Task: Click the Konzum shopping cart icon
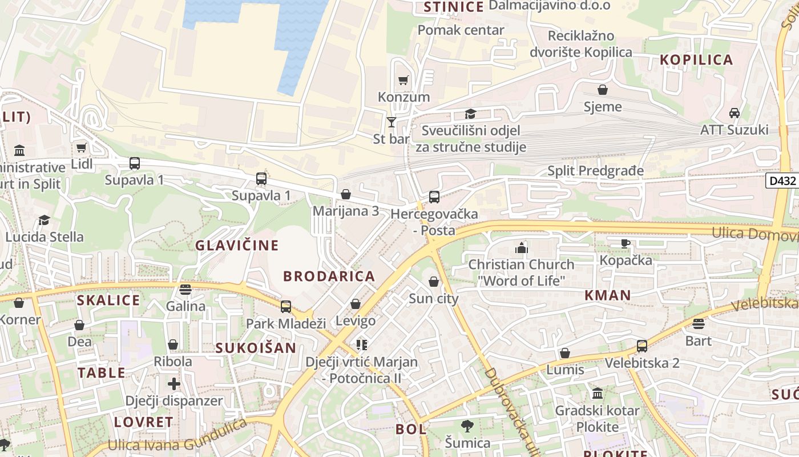[x=403, y=81]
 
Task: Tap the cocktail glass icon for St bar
[x=391, y=122]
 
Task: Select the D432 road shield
[x=781, y=181]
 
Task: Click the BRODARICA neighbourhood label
[x=329, y=276]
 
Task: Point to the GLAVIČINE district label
[x=237, y=246]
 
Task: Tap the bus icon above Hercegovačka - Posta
[x=434, y=197]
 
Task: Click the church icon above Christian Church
[x=521, y=248]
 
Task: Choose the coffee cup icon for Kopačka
[x=626, y=243]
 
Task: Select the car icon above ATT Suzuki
[x=735, y=113]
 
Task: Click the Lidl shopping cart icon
[x=82, y=148]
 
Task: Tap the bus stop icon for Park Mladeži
[x=286, y=307]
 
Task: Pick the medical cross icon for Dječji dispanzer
[x=174, y=384]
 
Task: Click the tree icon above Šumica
[x=467, y=426]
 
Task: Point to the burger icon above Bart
[x=699, y=324]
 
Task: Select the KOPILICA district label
[x=696, y=60]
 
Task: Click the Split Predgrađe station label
[x=595, y=171]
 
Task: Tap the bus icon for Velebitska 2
[x=642, y=346]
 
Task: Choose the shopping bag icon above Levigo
[x=356, y=304]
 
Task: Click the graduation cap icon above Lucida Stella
[x=44, y=220]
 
